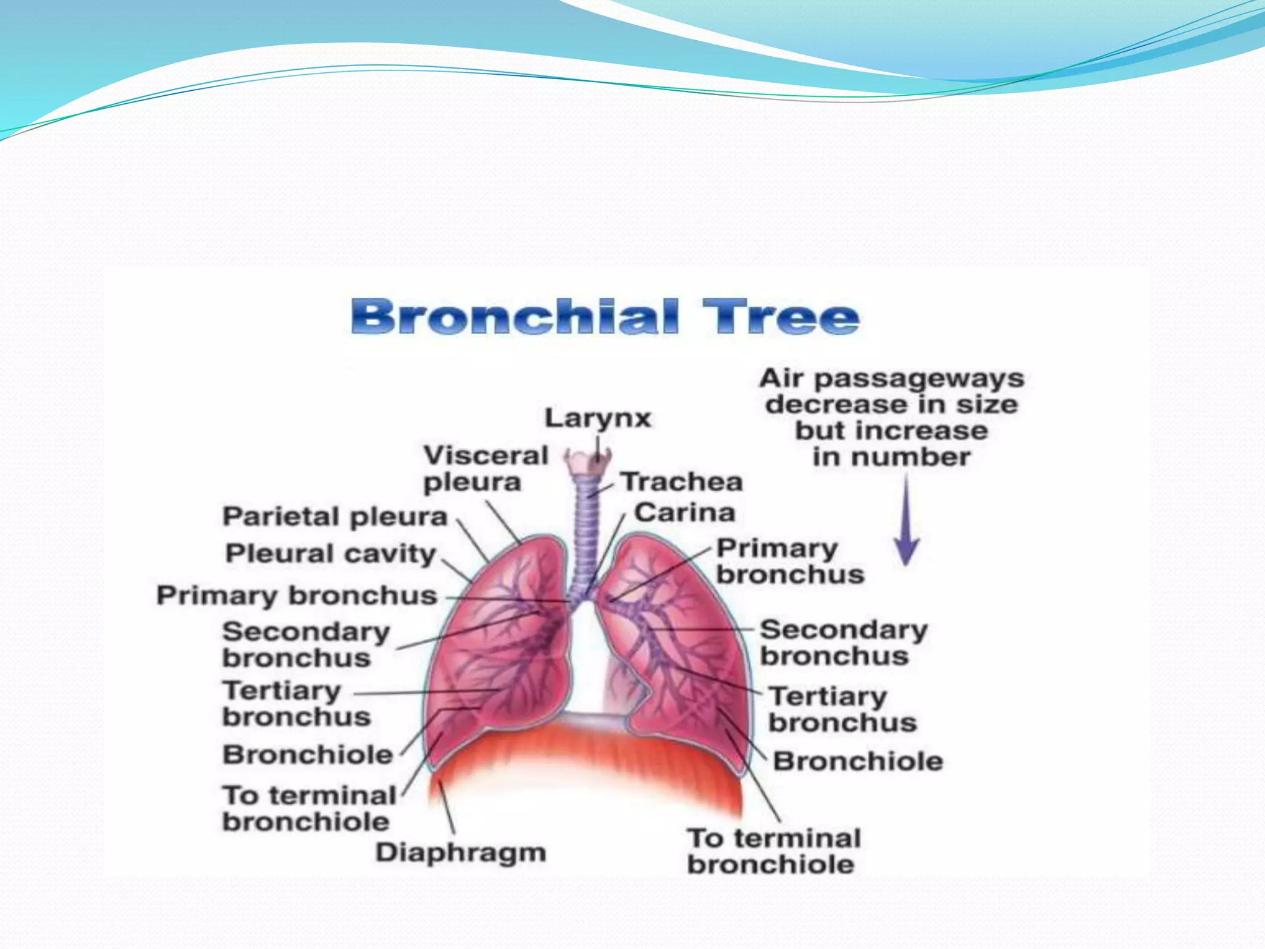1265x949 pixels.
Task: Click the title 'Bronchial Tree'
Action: coord(604,318)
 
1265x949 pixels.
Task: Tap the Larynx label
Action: coord(597,419)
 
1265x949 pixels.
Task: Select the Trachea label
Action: coord(681,482)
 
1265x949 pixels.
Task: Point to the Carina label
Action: coord(684,513)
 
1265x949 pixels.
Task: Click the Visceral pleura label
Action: coord(485,469)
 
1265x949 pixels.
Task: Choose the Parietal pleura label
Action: coord(335,517)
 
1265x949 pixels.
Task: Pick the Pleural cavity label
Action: coord(330,554)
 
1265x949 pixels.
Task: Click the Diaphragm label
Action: coord(461,853)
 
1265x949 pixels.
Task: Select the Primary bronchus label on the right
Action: coord(789,561)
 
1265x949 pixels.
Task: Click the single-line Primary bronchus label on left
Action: coord(296,596)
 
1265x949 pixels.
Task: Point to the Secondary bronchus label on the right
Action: coord(843,643)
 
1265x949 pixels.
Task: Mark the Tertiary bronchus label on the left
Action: coord(296,704)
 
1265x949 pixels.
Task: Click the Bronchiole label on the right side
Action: coord(857,761)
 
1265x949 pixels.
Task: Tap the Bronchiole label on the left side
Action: coord(308,754)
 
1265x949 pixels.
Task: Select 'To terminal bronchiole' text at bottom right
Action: coord(773,851)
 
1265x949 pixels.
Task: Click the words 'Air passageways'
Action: coord(891,378)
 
